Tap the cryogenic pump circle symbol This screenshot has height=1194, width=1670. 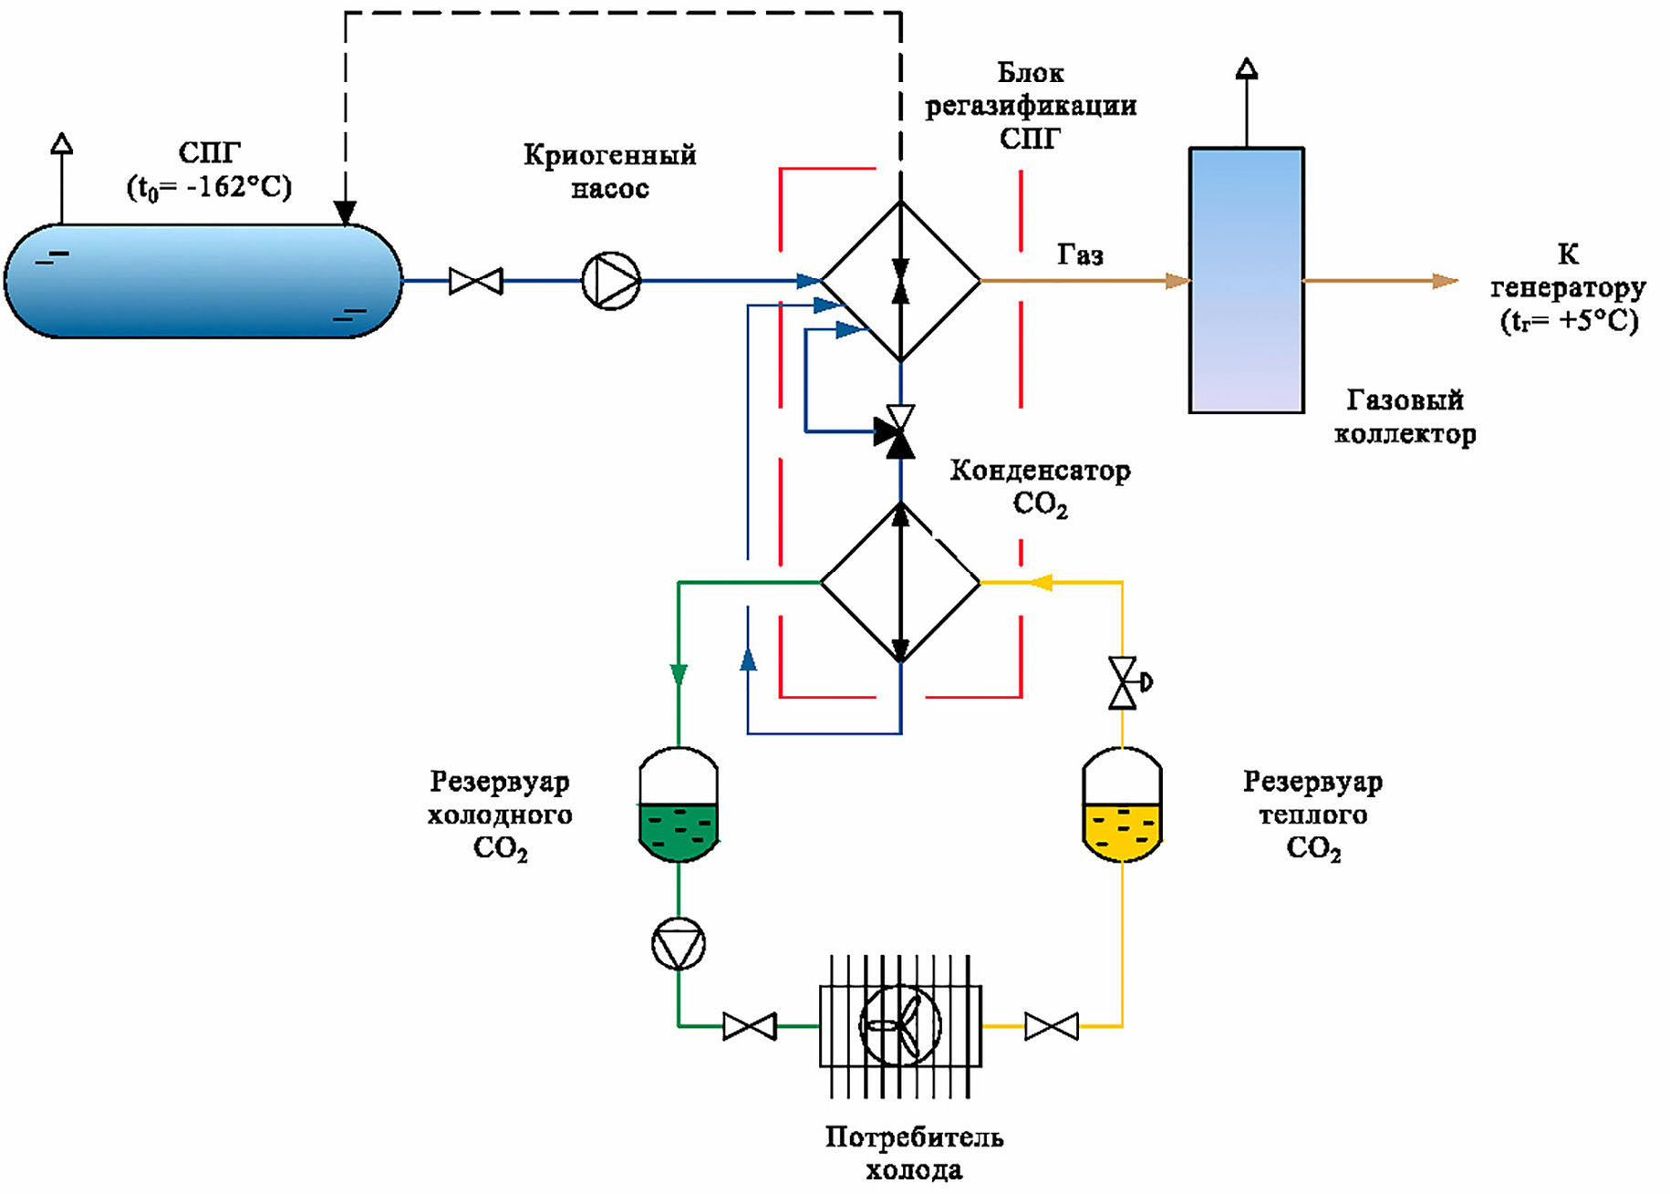(611, 281)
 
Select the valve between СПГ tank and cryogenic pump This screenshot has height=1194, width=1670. (475, 281)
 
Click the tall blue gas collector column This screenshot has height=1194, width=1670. (1246, 281)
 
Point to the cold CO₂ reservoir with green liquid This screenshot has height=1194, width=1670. (679, 805)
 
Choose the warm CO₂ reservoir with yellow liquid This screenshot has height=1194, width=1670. (1122, 805)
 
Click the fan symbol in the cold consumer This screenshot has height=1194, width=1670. (900, 1025)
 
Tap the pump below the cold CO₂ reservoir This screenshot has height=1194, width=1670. (679, 944)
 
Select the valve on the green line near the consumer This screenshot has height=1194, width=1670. (749, 1026)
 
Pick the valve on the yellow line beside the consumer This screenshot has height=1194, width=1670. (1051, 1026)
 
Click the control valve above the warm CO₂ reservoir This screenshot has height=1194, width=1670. (1124, 682)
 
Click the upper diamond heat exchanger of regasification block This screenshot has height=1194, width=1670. (900, 281)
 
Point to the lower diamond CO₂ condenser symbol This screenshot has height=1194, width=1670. (900, 582)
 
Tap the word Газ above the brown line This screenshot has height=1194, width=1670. (1080, 254)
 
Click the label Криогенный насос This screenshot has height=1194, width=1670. (609, 171)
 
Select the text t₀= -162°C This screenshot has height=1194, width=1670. (209, 188)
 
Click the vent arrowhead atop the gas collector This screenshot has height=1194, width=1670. (1247, 68)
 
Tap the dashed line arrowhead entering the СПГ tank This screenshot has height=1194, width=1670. (345, 213)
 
